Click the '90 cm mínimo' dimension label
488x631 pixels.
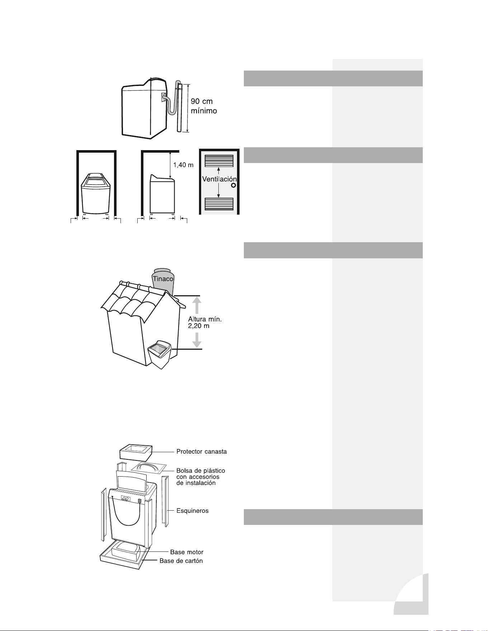[x=204, y=106]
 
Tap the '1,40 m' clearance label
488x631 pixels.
[x=183, y=165]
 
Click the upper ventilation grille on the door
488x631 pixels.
[x=219, y=161]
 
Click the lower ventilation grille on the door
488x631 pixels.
[x=219, y=204]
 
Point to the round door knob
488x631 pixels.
[x=233, y=185]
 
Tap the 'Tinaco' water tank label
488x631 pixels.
[x=163, y=278]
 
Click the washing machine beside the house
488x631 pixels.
[x=160, y=354]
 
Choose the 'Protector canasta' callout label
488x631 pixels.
[x=202, y=451]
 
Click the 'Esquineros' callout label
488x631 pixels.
[x=192, y=511]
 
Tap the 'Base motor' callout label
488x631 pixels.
[x=186, y=552]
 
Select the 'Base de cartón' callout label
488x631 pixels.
[x=181, y=561]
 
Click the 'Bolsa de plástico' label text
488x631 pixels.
[x=201, y=470]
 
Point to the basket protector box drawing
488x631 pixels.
[x=136, y=453]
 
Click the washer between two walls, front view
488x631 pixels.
[x=96, y=193]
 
